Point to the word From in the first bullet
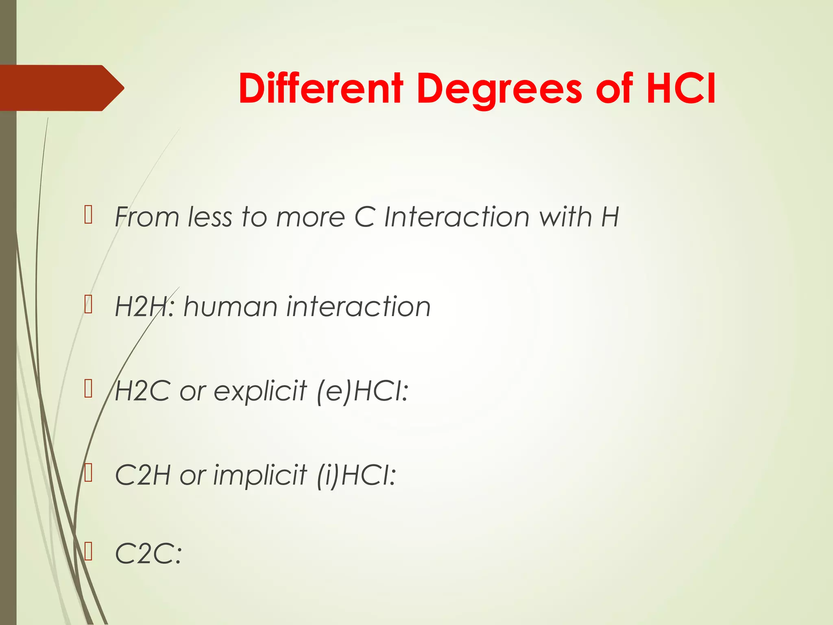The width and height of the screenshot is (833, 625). click(147, 217)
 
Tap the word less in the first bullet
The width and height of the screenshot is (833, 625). click(210, 217)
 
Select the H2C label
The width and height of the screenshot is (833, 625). click(142, 391)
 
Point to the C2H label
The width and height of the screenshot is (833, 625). click(142, 475)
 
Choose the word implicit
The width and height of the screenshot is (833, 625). click(260, 475)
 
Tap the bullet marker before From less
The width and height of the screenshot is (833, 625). click(89, 215)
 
